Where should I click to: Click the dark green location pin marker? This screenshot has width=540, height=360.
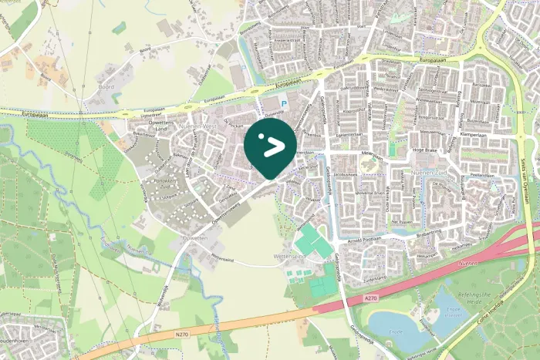pyautogui.click(x=270, y=145)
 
